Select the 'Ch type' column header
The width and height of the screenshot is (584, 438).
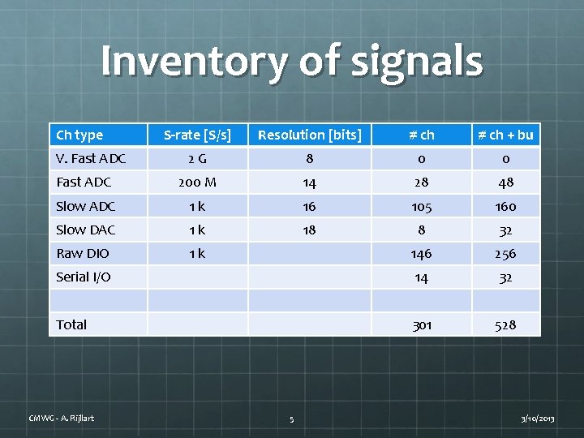(x=79, y=135)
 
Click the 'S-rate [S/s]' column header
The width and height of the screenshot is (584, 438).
(x=197, y=135)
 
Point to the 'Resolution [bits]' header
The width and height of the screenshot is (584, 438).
(x=309, y=135)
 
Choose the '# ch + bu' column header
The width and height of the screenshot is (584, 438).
(x=505, y=135)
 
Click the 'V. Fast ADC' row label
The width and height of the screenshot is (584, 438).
(x=91, y=159)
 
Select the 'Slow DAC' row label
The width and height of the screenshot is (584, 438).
(x=86, y=230)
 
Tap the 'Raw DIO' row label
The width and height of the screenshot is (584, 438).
(x=82, y=253)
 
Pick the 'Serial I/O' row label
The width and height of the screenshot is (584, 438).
(x=84, y=277)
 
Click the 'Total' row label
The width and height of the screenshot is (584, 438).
(x=71, y=324)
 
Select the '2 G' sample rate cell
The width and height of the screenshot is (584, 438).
(x=197, y=159)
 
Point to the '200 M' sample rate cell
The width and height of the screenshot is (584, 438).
(x=197, y=182)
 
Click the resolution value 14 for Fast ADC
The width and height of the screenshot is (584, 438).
(x=309, y=182)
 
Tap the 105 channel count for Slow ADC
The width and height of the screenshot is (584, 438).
(x=422, y=206)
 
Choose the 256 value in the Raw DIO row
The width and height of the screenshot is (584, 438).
(x=505, y=254)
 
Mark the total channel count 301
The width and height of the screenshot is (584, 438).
(x=422, y=325)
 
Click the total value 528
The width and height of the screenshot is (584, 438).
(x=505, y=325)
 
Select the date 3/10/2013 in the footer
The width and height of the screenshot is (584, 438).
(x=537, y=419)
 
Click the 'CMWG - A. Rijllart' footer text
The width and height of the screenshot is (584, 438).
(x=62, y=418)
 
